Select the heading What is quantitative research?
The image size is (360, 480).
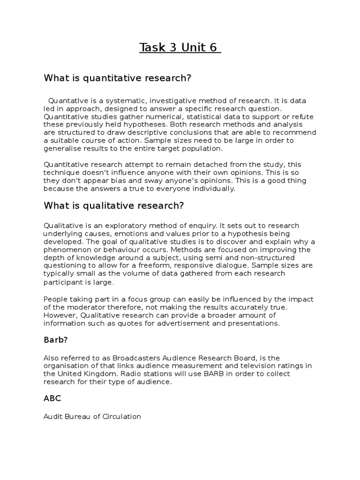tap(118, 78)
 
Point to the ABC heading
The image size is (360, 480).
tap(52, 398)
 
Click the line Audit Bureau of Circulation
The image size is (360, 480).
tap(92, 416)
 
